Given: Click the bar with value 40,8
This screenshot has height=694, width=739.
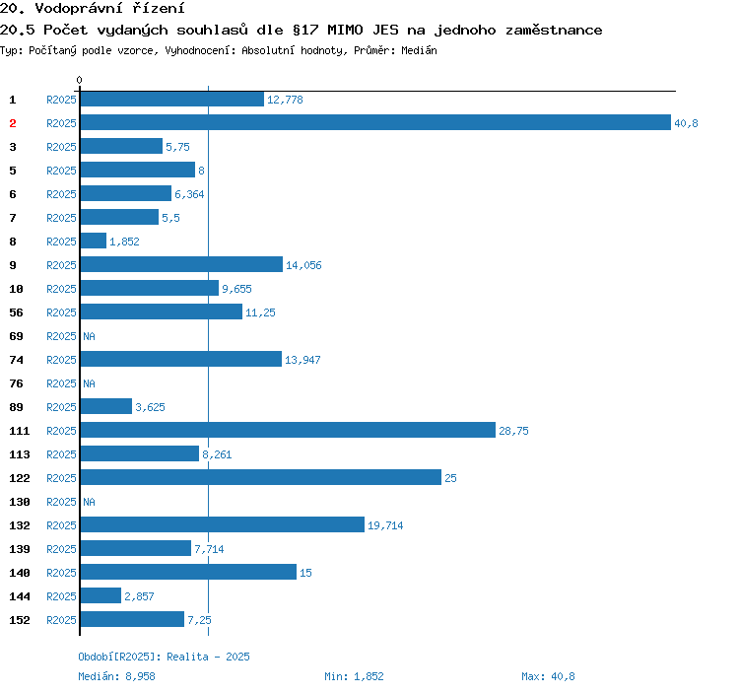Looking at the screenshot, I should (x=374, y=123).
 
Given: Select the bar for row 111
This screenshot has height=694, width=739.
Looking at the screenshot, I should (x=288, y=431).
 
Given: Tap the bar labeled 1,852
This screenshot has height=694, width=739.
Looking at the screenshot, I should (x=94, y=242).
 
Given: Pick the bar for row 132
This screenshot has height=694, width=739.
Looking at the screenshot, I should (x=223, y=525).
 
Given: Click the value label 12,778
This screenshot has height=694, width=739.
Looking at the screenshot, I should (x=285, y=100).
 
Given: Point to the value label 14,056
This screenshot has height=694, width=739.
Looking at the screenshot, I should (x=303, y=265).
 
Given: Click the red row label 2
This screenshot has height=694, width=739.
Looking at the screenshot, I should (x=13, y=123).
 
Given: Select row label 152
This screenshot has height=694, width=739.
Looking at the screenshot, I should (x=20, y=620).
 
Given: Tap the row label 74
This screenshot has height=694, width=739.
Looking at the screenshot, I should (x=17, y=360).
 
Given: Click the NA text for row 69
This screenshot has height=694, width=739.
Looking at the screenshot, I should (x=89, y=336).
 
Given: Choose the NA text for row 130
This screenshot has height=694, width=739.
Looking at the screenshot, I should (x=89, y=502).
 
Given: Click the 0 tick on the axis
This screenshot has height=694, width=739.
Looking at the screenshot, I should (x=80, y=80).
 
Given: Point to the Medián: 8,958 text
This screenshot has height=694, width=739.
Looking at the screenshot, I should (x=116, y=676).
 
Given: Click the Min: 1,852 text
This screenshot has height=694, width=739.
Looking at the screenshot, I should (x=354, y=676).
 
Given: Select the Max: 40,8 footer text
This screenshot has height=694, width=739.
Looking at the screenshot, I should (x=548, y=676).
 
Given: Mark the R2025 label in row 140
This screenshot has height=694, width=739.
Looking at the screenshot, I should (x=61, y=573).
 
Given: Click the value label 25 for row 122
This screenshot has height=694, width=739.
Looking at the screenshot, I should (x=450, y=478).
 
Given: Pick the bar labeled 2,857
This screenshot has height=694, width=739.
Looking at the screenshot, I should (x=101, y=596).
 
